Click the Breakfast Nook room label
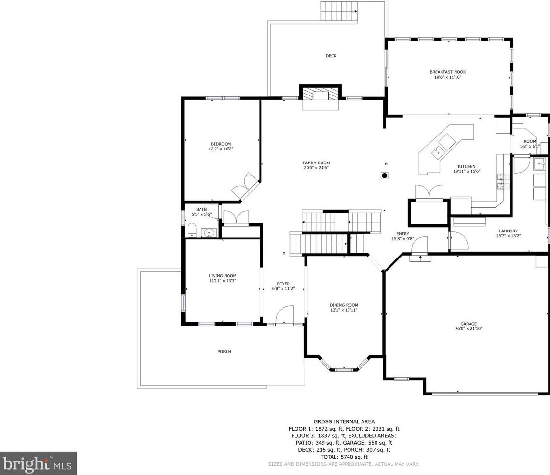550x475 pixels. pos(448,72)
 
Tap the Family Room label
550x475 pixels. pos(316,163)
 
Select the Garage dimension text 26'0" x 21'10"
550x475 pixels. pos(469,329)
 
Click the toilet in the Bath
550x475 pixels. pos(192,230)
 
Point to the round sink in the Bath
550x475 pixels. pos(209,232)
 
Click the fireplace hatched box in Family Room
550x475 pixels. pos(320,95)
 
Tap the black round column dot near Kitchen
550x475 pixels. pos(385,176)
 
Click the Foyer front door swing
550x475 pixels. pos(284,314)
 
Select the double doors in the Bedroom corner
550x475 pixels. pos(244,185)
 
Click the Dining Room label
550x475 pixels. pos(344,305)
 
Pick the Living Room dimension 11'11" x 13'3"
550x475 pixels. pos(223,281)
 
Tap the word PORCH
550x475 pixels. pos(225,351)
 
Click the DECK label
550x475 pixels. pos(331,56)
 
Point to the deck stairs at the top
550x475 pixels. pos(339,12)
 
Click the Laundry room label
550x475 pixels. pos(508,231)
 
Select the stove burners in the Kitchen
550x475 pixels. pos(499,182)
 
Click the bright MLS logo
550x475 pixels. pos(38,463)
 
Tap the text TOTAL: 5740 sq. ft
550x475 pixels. pos(344,457)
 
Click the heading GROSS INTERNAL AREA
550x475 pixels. pos(344,421)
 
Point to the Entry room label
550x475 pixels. pos(402,234)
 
